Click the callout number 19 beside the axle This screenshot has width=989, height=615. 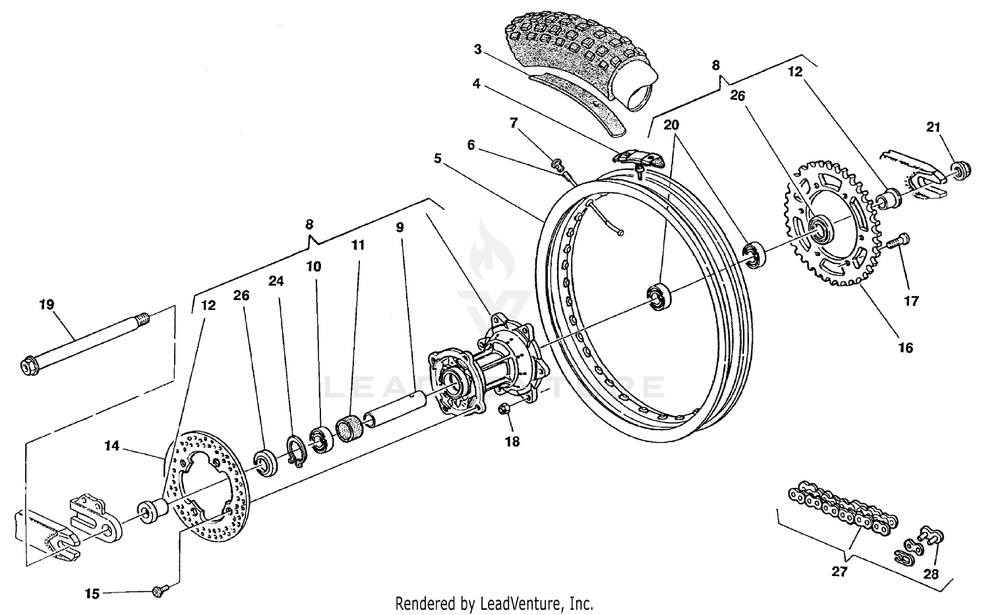[x=46, y=305]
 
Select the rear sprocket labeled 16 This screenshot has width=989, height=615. [x=851, y=257]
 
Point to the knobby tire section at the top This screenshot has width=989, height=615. [x=580, y=53]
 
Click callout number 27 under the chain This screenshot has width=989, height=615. [x=839, y=571]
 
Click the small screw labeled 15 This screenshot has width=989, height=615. [x=158, y=591]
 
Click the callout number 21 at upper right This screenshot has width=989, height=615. [x=932, y=127]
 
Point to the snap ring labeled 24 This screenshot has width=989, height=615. [x=296, y=452]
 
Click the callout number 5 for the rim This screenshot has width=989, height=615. [x=438, y=158]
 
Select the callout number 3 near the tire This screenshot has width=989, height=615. [x=478, y=49]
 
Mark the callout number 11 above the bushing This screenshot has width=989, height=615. [x=357, y=245]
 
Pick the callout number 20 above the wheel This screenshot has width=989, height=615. [x=671, y=125]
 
